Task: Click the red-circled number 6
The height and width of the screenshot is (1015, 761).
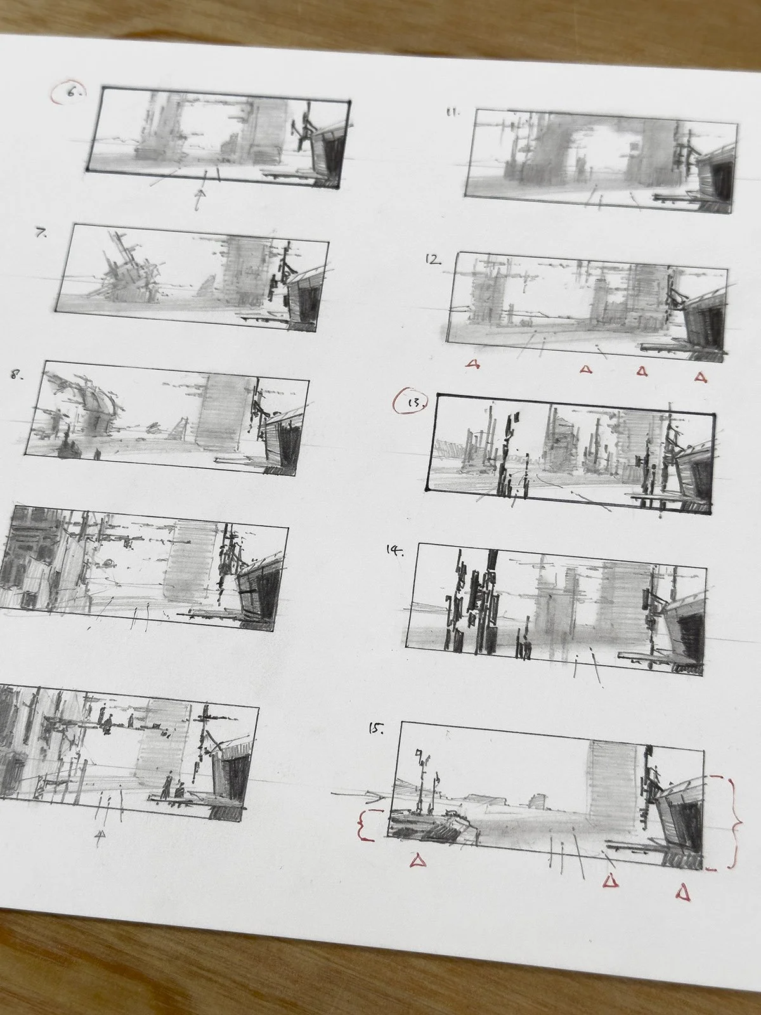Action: pyautogui.click(x=70, y=93)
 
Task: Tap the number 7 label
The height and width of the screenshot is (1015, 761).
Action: pyautogui.click(x=42, y=233)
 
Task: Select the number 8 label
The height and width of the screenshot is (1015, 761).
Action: pyautogui.click(x=17, y=376)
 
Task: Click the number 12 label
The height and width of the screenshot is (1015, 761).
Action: pyautogui.click(x=433, y=260)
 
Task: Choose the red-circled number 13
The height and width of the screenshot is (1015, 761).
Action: pyautogui.click(x=411, y=402)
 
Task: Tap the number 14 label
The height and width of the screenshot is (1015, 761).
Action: pyautogui.click(x=395, y=550)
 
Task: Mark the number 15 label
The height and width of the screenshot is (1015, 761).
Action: pyautogui.click(x=376, y=729)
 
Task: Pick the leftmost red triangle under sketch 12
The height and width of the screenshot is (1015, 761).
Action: pyautogui.click(x=472, y=364)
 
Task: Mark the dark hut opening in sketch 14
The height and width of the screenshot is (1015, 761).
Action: pyautogui.click(x=690, y=634)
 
